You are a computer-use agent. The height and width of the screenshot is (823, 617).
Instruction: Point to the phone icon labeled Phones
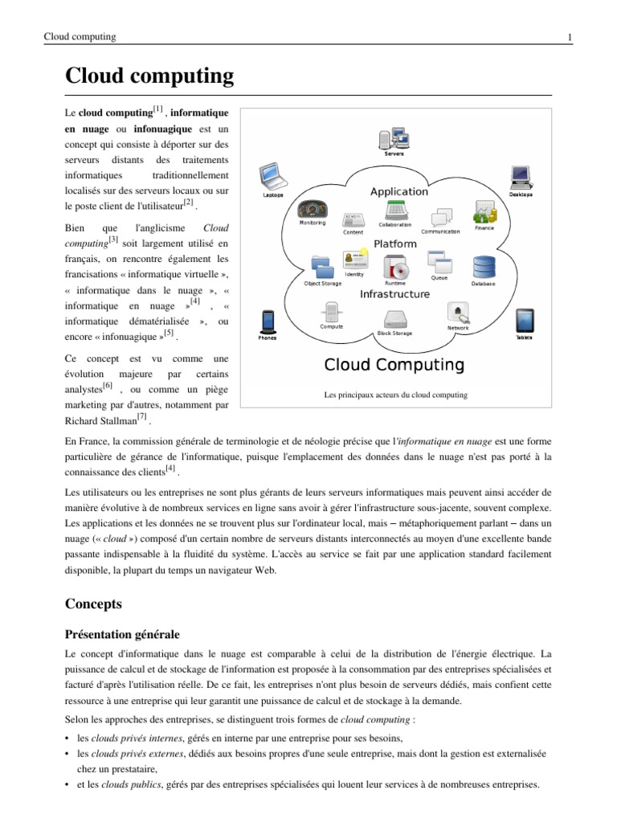coord(268,321)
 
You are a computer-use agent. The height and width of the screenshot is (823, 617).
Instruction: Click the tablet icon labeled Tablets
coord(524,320)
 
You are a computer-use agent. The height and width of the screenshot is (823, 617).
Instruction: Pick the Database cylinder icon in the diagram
coord(483,266)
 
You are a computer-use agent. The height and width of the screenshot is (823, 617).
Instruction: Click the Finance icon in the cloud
coord(484,213)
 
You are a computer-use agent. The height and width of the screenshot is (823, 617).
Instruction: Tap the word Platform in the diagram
coord(394,244)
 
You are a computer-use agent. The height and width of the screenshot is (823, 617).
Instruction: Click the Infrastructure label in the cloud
coord(394,294)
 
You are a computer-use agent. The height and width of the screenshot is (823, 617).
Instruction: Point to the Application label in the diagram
coord(399,191)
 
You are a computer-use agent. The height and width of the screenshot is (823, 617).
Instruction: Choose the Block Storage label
coord(394,333)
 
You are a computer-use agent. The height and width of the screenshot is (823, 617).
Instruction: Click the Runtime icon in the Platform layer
coord(395,266)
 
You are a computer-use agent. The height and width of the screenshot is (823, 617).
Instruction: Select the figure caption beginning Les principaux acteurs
coord(395,395)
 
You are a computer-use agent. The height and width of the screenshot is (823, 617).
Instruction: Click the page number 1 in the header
coord(569,37)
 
